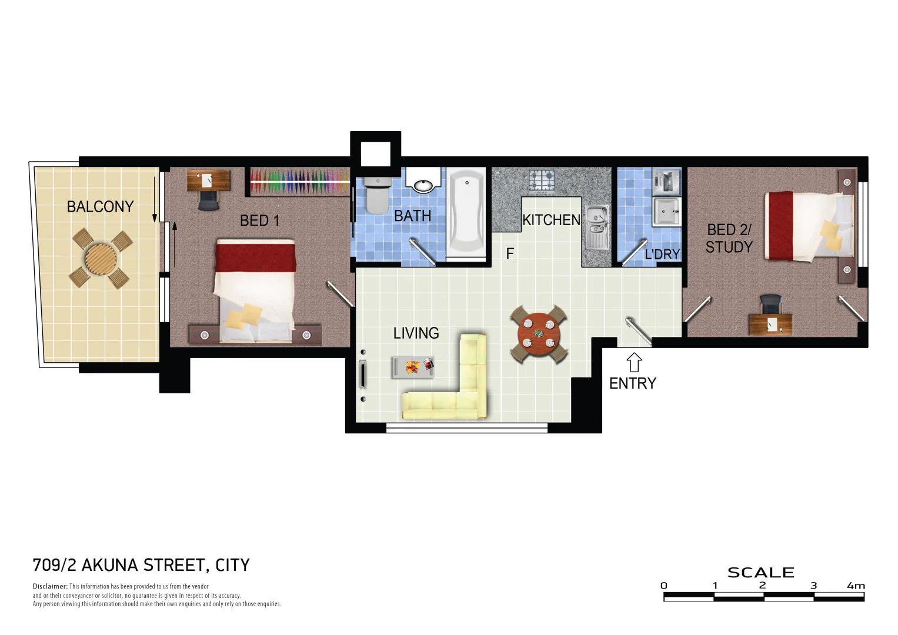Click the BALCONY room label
(100, 207)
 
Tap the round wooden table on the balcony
(101, 257)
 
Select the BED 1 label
(259, 220)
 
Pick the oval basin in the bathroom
(423, 186)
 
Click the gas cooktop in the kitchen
(541, 180)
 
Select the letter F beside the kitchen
(510, 254)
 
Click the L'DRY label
(662, 255)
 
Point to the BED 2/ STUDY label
(729, 238)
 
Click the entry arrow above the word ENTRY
(633, 362)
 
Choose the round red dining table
(539, 333)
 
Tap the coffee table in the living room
(413, 367)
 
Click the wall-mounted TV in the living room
(362, 375)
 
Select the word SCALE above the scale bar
(760, 572)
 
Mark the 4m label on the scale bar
(856, 586)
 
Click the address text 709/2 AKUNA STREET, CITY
(141, 565)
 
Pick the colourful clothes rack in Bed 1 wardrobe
(299, 181)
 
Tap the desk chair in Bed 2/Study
(770, 305)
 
